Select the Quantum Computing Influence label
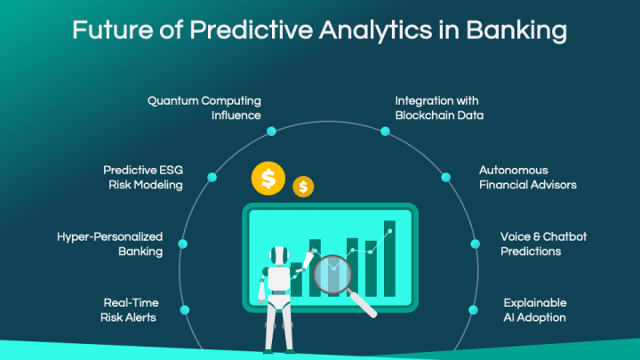(204, 107)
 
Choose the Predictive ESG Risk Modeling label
(143, 177)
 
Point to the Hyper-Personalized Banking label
(110, 244)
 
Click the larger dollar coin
(268, 179)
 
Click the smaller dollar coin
(304, 186)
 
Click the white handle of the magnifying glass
(364, 304)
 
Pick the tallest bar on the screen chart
(389, 258)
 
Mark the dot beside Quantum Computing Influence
(271, 131)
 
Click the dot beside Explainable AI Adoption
(473, 309)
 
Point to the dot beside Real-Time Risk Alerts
(185, 309)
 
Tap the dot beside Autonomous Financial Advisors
(445, 178)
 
